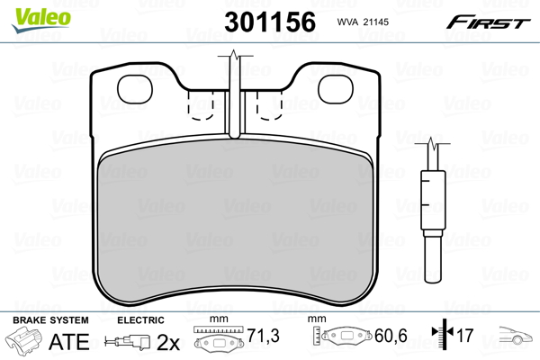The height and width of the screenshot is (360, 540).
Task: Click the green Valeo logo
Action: pos(41,19)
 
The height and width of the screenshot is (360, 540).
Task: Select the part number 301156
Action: pos(270,22)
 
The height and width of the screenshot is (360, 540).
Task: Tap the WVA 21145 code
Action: pos(363,22)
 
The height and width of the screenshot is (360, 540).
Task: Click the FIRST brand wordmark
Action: pos(488,22)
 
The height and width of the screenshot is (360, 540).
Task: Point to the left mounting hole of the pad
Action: pos(135,89)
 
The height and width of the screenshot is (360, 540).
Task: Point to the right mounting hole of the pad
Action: pos(336,89)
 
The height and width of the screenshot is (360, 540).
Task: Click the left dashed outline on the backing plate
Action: pos(201,105)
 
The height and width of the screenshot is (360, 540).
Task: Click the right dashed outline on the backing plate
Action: pos(269,105)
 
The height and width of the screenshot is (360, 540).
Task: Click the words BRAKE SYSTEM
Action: pos(50,320)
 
